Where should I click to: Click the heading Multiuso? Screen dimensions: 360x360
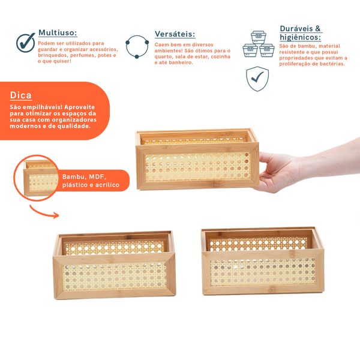[58, 33]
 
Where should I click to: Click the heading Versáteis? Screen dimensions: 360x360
[175, 35]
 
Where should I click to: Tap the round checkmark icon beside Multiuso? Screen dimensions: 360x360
[25, 43]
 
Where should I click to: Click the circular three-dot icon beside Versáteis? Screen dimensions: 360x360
[137, 47]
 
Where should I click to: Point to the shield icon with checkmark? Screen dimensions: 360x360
[257, 78]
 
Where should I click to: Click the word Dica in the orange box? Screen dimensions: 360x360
[21, 96]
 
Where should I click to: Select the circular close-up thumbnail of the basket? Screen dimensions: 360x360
[39, 177]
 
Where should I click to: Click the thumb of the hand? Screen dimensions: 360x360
[271, 161]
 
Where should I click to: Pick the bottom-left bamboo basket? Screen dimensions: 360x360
[114, 264]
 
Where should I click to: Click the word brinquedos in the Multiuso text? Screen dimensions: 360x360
[52, 55]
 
